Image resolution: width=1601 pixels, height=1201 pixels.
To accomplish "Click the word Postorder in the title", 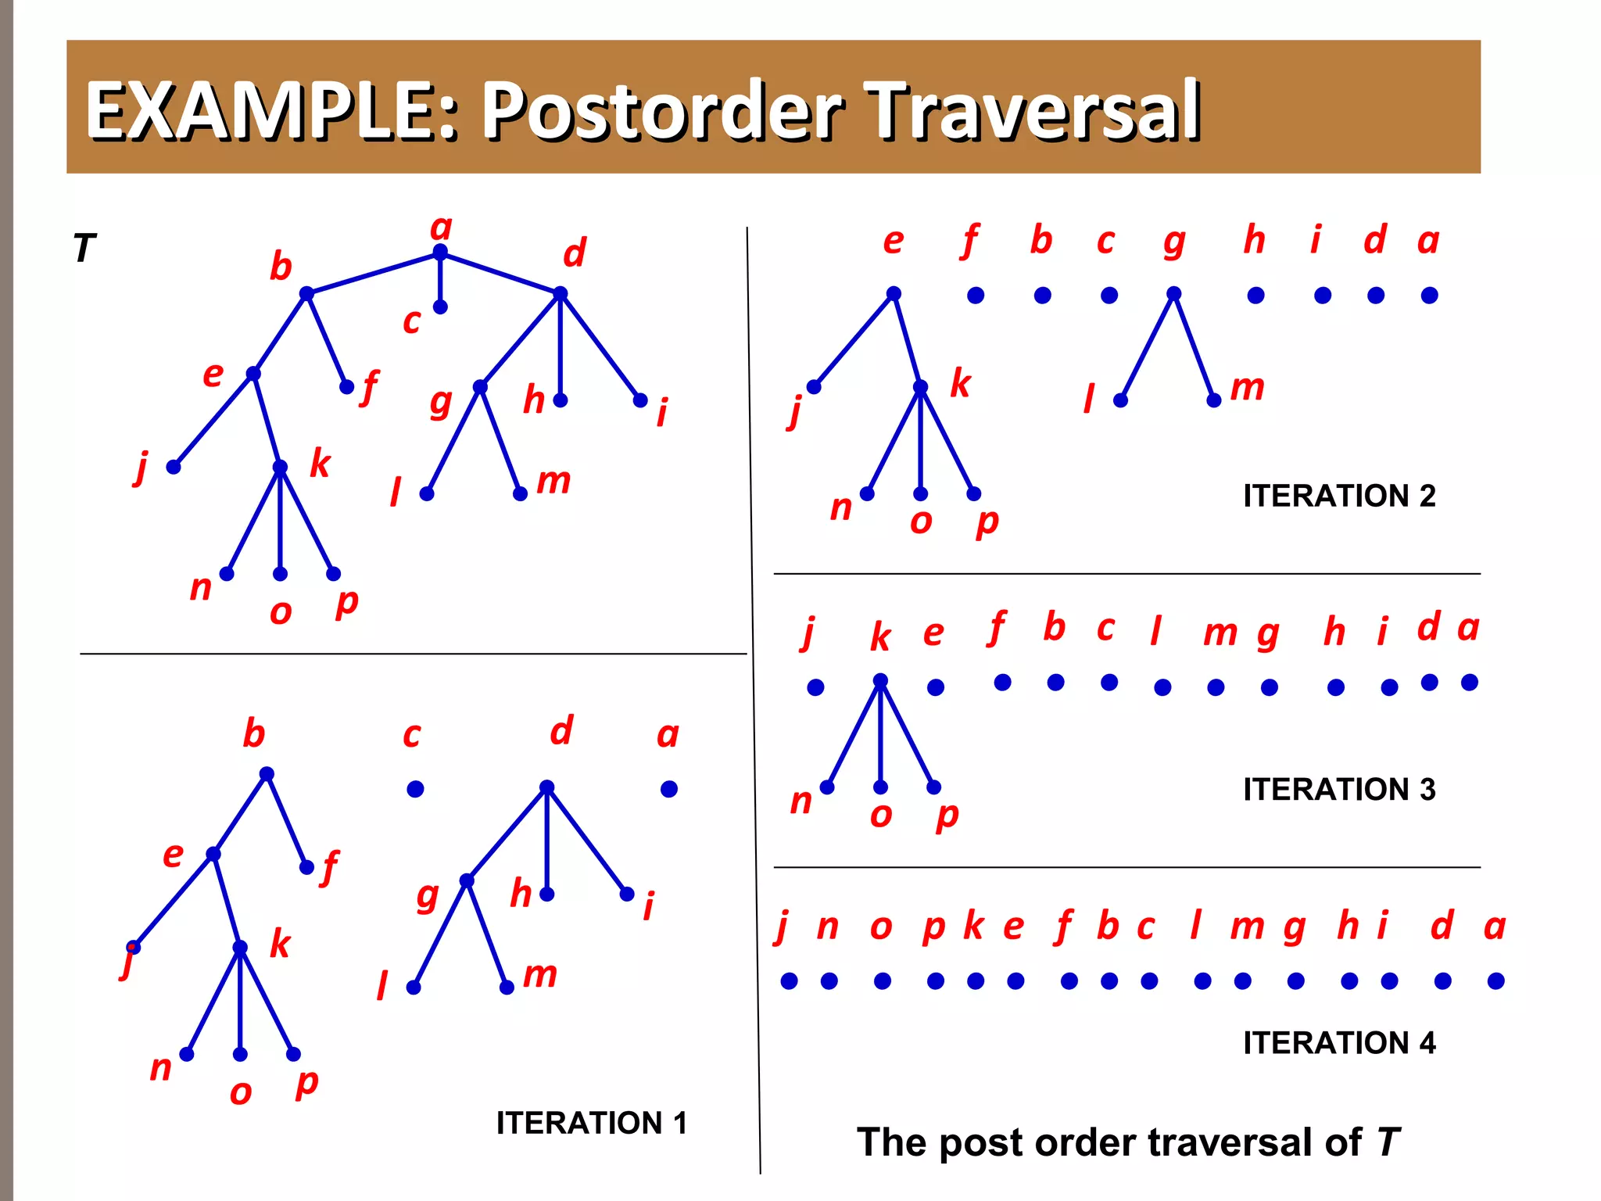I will tap(661, 111).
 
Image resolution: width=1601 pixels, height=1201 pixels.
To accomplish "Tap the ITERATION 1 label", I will tap(591, 1123).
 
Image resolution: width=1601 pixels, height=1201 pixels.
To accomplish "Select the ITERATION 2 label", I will tap(1339, 496).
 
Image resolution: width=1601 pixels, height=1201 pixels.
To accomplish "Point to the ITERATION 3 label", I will tap(1339, 789).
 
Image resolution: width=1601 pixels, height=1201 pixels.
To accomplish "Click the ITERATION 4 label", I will tap(1339, 1042).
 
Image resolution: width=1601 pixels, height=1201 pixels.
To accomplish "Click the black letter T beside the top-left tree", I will tap(84, 249).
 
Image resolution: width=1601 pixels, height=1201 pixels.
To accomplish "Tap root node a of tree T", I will tap(440, 252).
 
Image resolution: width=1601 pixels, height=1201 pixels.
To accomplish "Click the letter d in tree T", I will tap(575, 253).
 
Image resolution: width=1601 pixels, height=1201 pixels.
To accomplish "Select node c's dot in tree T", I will tap(440, 307).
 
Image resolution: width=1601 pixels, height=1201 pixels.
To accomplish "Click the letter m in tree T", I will tap(553, 480).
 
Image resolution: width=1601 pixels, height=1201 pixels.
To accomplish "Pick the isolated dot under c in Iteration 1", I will tap(415, 789).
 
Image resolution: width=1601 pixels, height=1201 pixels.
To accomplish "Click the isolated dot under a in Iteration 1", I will tap(668, 789).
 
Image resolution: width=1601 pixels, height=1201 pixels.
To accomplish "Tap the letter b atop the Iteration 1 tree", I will tap(253, 733).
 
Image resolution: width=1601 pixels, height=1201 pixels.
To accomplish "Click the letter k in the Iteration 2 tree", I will tap(960, 383).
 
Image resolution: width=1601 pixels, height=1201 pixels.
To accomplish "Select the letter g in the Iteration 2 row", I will tap(1173, 242).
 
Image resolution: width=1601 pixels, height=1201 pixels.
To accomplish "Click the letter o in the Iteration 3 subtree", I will tap(881, 815).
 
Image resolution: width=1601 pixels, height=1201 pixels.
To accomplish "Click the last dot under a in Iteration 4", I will tap(1495, 981).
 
